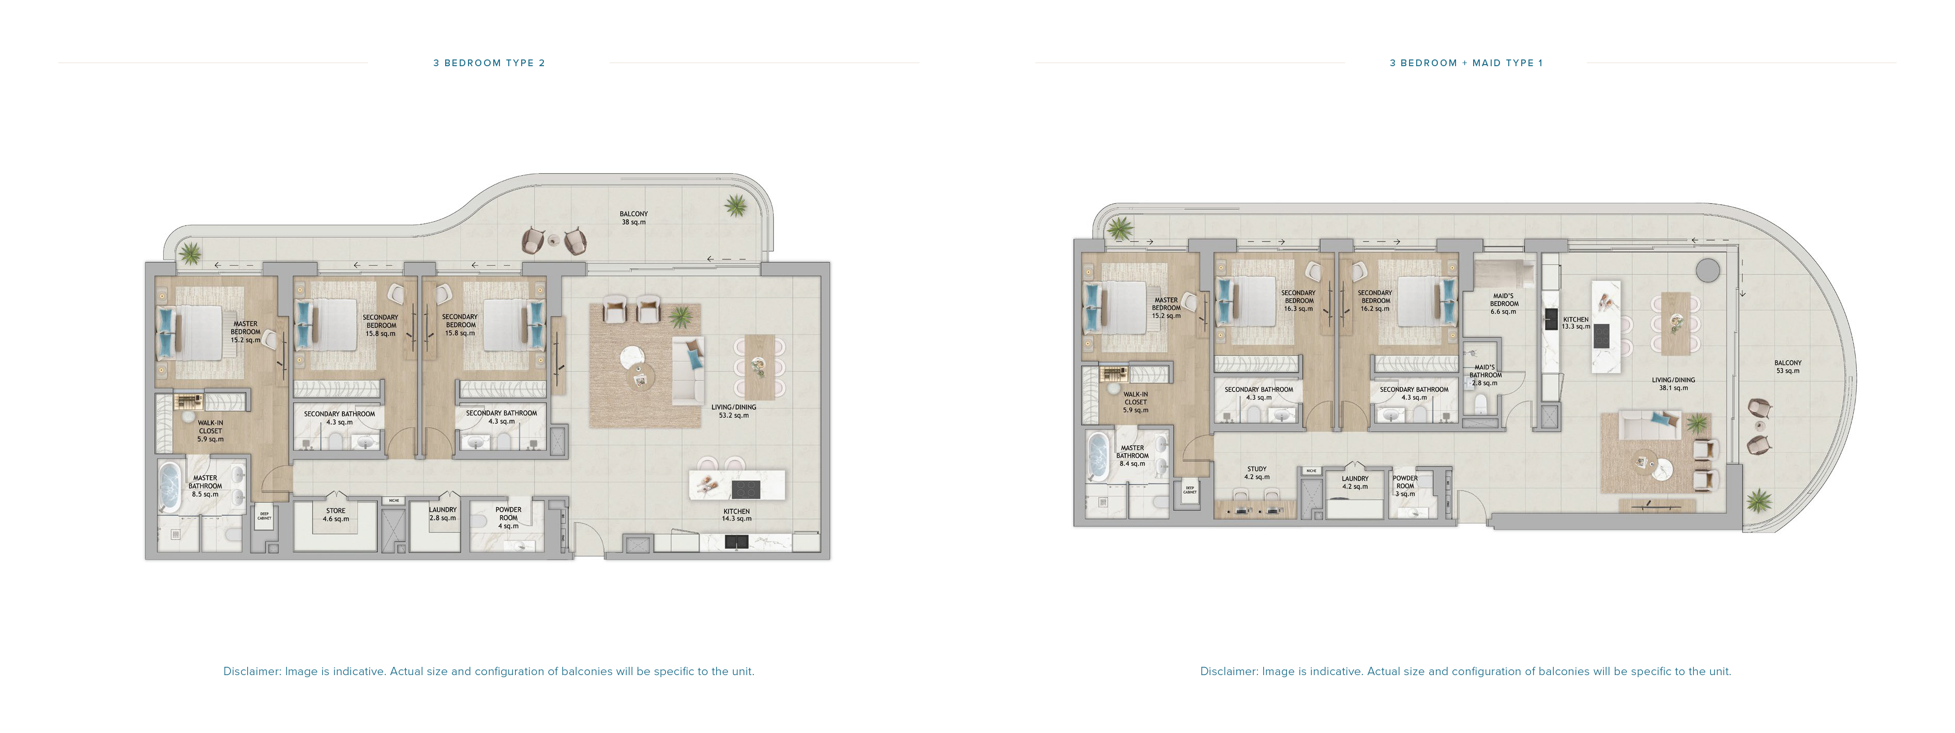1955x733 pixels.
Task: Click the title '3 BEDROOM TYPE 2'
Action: (x=489, y=63)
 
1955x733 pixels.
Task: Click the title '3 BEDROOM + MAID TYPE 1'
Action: (x=1465, y=63)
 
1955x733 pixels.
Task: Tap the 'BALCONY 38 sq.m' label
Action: (x=634, y=218)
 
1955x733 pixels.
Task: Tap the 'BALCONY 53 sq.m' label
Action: (x=1787, y=366)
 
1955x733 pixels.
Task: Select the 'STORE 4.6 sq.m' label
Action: (x=336, y=514)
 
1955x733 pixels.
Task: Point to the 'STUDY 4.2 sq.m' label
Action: (x=1257, y=473)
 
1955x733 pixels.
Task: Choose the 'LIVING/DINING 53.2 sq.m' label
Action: (x=733, y=410)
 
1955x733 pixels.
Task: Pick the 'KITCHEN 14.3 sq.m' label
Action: (x=736, y=514)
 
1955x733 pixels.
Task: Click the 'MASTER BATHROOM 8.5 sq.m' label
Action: (x=205, y=485)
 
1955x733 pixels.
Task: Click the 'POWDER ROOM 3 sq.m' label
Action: (x=1405, y=485)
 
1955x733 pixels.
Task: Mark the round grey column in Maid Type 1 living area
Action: (x=1708, y=269)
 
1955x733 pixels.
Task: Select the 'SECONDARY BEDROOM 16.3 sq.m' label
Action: (x=1298, y=300)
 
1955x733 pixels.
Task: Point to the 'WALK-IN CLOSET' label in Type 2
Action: (x=210, y=430)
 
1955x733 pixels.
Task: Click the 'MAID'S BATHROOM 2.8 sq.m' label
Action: (x=1484, y=375)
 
